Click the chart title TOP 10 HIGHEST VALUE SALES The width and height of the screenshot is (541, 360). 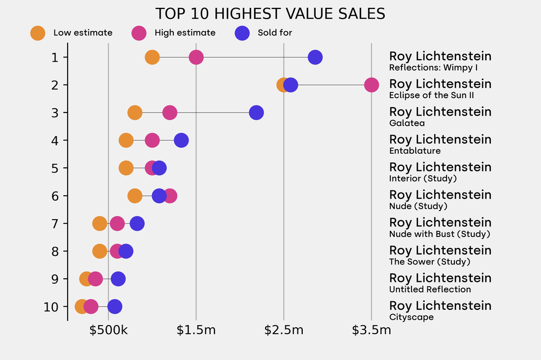(270, 14)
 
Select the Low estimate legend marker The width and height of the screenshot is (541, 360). (38, 33)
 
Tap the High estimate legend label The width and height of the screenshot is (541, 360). (185, 33)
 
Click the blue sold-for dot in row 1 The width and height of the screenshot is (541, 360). (315, 57)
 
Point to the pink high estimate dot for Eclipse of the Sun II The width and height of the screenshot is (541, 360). (371, 84)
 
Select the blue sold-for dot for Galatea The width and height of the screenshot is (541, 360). (256, 112)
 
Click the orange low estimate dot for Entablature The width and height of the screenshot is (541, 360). (126, 140)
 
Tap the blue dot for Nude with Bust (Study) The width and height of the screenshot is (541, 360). (137, 223)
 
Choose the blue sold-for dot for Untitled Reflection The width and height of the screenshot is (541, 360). (118, 279)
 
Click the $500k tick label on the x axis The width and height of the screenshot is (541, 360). (108, 331)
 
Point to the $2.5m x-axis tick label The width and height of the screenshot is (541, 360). (284, 331)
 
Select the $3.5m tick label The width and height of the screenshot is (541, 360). (371, 331)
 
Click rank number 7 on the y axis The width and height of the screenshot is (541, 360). (55, 223)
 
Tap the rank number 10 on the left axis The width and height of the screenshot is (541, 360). (51, 307)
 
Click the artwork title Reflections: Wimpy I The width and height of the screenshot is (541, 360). (433, 68)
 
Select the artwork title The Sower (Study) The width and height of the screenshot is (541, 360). (430, 262)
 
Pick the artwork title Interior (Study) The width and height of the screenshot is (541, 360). (423, 178)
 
